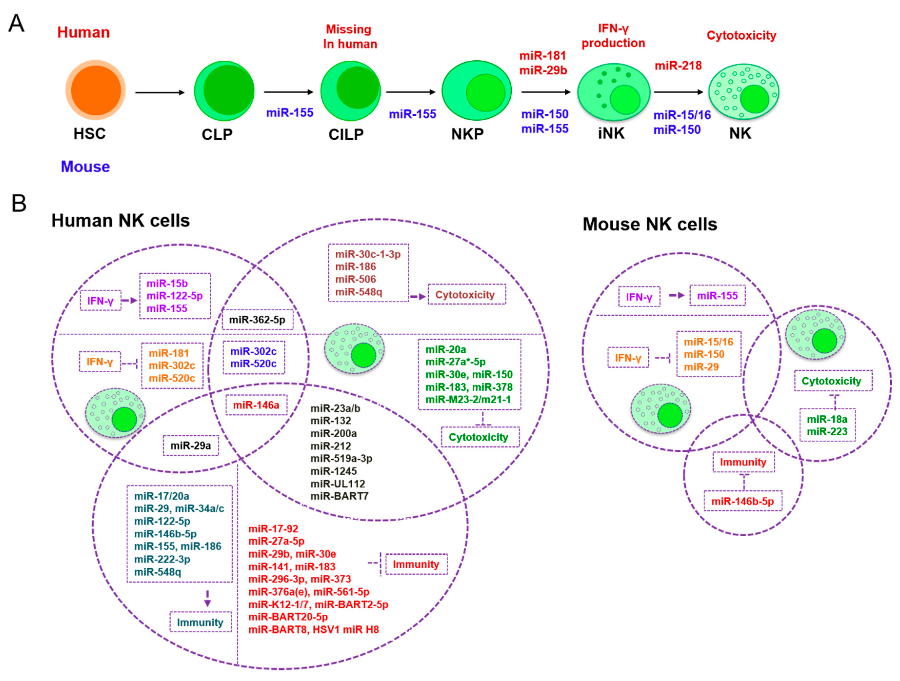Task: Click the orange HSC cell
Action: (x=96, y=90)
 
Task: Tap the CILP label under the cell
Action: (x=346, y=134)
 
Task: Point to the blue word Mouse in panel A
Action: (x=85, y=167)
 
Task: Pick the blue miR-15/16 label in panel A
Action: (x=682, y=115)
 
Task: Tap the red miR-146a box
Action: (x=256, y=405)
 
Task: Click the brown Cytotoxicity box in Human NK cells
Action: (x=466, y=295)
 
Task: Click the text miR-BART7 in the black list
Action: (x=339, y=496)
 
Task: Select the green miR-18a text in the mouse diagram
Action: (x=827, y=419)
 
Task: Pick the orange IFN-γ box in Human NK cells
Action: (x=100, y=361)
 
